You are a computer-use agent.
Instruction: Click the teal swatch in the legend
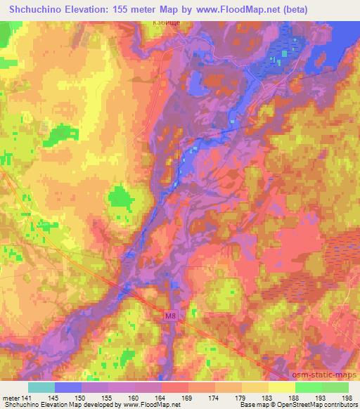(x=41, y=387)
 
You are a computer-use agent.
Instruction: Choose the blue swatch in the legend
(x=68, y=387)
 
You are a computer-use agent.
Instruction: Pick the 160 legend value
(x=134, y=398)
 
